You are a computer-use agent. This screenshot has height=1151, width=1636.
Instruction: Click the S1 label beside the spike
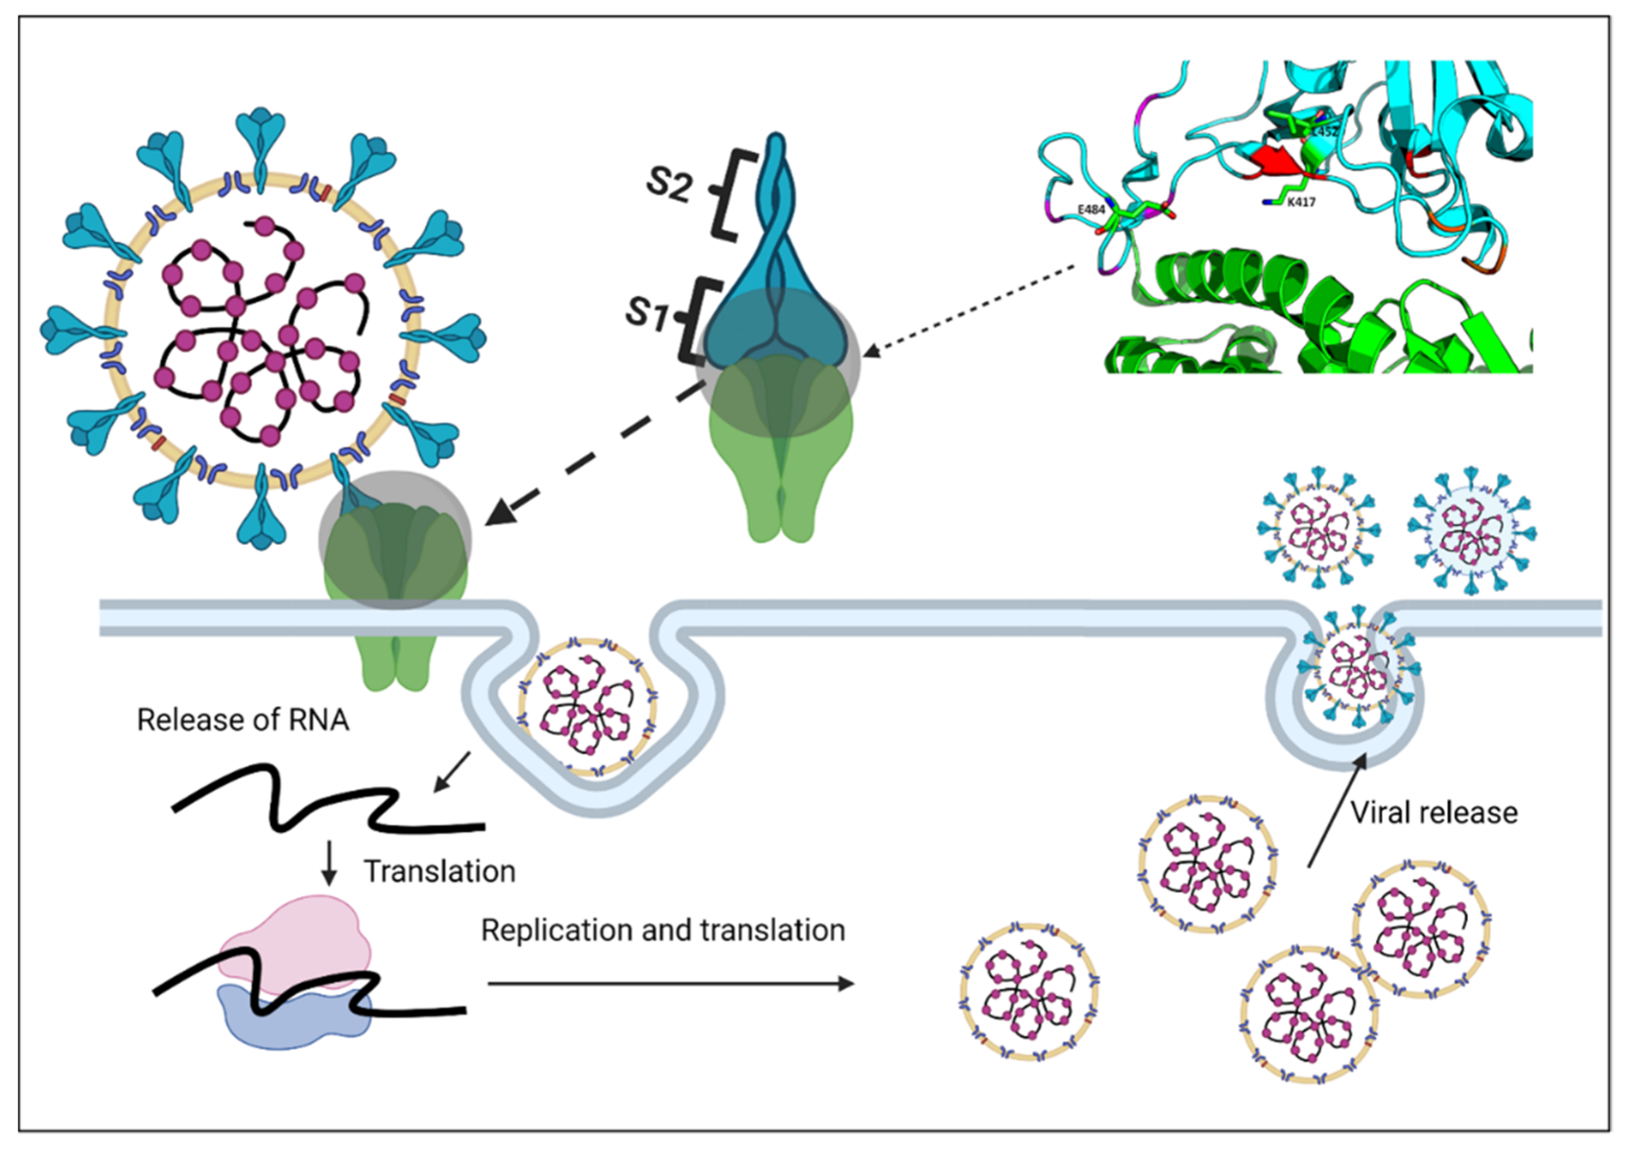[x=647, y=313]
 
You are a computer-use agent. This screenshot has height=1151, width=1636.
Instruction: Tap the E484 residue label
[x=1091, y=209]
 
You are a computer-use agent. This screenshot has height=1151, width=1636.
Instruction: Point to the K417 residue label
[x=1300, y=203]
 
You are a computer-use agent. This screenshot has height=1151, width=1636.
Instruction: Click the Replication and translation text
[x=663, y=930]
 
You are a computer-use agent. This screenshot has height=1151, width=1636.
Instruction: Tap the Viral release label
[x=1434, y=812]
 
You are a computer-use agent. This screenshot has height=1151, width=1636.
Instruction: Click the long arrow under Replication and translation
[x=670, y=984]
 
